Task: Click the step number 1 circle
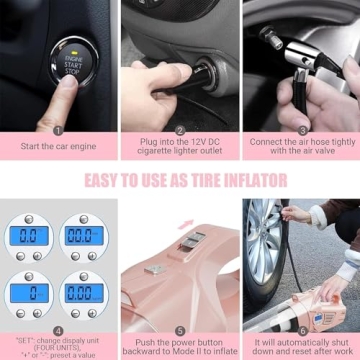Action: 57,130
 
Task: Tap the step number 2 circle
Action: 180,130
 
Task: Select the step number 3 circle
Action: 301,130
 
